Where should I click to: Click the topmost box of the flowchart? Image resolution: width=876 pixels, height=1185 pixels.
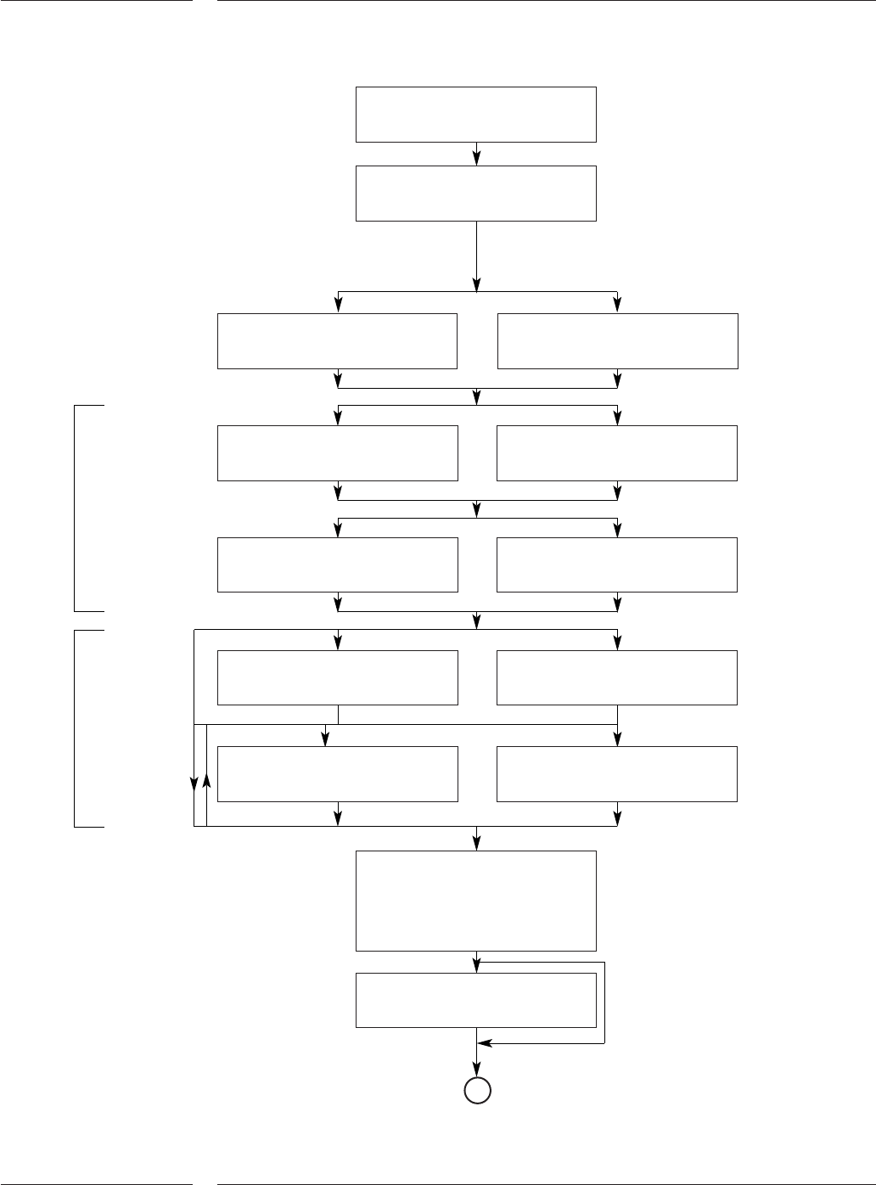click(475, 114)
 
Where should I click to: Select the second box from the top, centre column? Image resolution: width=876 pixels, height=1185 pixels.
click(475, 193)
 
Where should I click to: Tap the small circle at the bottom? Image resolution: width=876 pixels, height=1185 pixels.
click(477, 1091)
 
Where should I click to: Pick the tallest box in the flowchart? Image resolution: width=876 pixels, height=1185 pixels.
click(475, 901)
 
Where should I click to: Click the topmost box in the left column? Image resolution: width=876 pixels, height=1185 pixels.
click(337, 341)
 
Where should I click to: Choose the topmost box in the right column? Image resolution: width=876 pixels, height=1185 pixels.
click(617, 341)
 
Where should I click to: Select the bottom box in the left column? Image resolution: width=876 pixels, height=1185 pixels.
click(337, 773)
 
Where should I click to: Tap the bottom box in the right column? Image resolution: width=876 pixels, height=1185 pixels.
click(617, 773)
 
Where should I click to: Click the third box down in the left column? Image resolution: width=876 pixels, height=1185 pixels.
click(337, 564)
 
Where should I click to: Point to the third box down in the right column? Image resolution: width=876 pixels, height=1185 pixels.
click(617, 564)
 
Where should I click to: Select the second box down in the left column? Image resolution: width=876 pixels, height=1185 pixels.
click(337, 453)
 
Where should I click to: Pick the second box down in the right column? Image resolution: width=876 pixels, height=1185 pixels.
click(617, 453)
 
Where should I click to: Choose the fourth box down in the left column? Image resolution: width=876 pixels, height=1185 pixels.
click(337, 677)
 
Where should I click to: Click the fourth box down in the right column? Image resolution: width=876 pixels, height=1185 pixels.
click(617, 677)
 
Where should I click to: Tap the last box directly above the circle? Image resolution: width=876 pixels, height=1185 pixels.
click(475, 1000)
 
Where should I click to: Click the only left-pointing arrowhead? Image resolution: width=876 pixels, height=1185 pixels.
click(484, 1042)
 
